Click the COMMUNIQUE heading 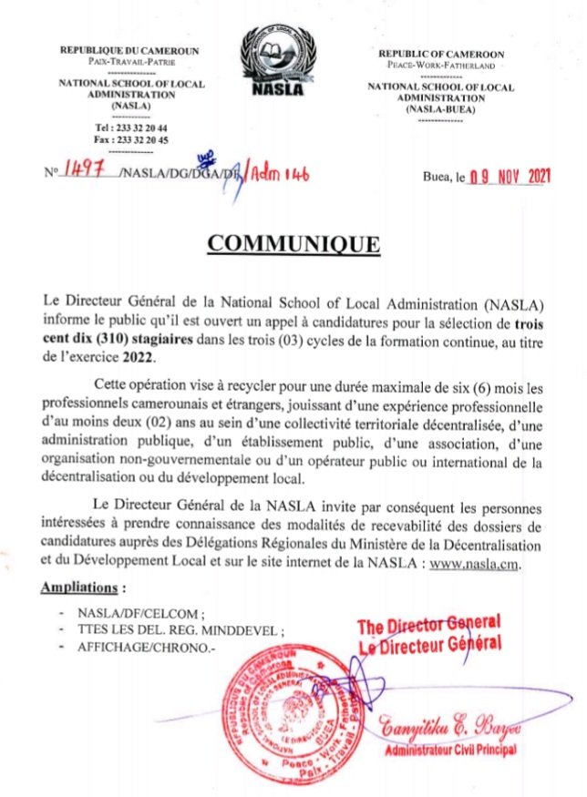tap(293, 245)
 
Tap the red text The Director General tap(428, 627)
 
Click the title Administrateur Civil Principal tap(450, 749)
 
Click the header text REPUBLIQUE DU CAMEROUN tap(129, 51)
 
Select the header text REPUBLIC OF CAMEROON tap(441, 54)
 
